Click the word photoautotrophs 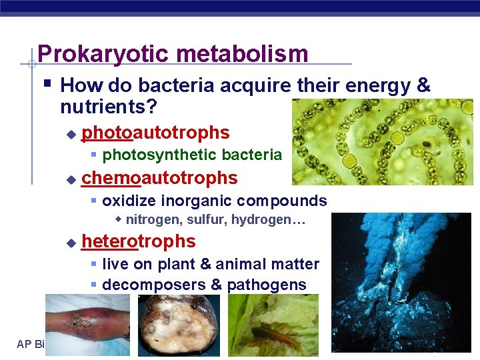[x=155, y=133]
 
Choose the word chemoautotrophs [x=159, y=178]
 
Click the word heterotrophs [x=139, y=241]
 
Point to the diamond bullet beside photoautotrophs [x=71, y=135]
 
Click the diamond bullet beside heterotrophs [x=71, y=243]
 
